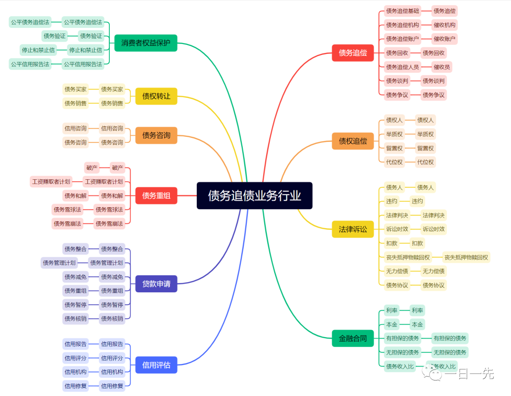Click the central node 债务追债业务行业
click(x=255, y=195)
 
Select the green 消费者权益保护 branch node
click(x=146, y=43)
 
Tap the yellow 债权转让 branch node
click(x=156, y=96)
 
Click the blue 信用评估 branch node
click(x=156, y=365)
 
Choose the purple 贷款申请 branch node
click(x=156, y=284)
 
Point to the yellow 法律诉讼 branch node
click(x=352, y=229)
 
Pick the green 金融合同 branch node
click(x=352, y=338)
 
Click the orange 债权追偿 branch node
click(x=352, y=141)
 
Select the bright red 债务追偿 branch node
click(x=352, y=53)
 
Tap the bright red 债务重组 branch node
click(x=156, y=195)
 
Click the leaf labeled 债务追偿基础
click(x=402, y=11)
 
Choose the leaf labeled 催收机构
click(x=445, y=25)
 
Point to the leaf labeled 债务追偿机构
click(x=402, y=25)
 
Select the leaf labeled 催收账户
click(x=445, y=39)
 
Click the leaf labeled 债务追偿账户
click(x=402, y=39)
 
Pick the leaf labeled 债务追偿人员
click(x=402, y=67)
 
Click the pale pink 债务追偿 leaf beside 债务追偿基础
click(x=445, y=11)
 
